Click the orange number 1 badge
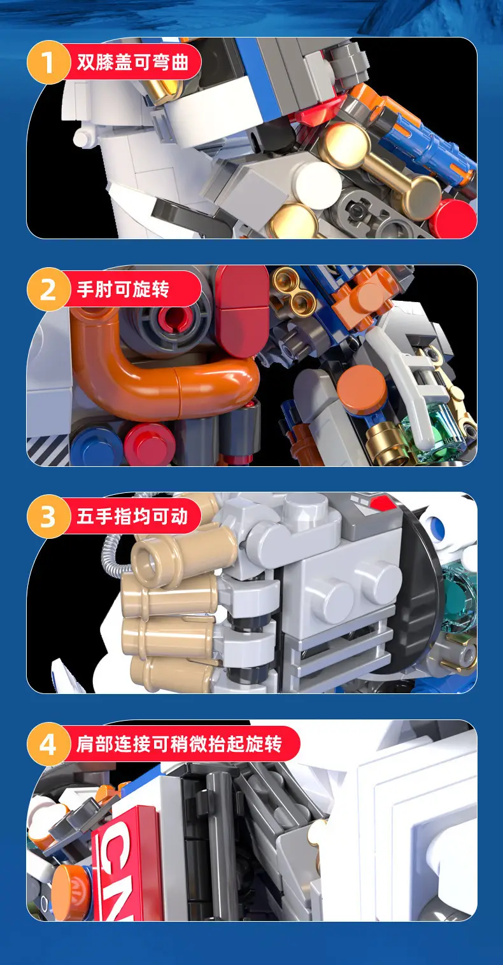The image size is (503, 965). pos(48,62)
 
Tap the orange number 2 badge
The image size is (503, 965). pos(48,289)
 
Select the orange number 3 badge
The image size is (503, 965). pos(48,516)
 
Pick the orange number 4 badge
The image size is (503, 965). pos(48,744)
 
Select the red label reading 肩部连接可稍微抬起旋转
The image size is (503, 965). pos(181,744)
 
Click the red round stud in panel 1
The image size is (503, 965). pos(453,218)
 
